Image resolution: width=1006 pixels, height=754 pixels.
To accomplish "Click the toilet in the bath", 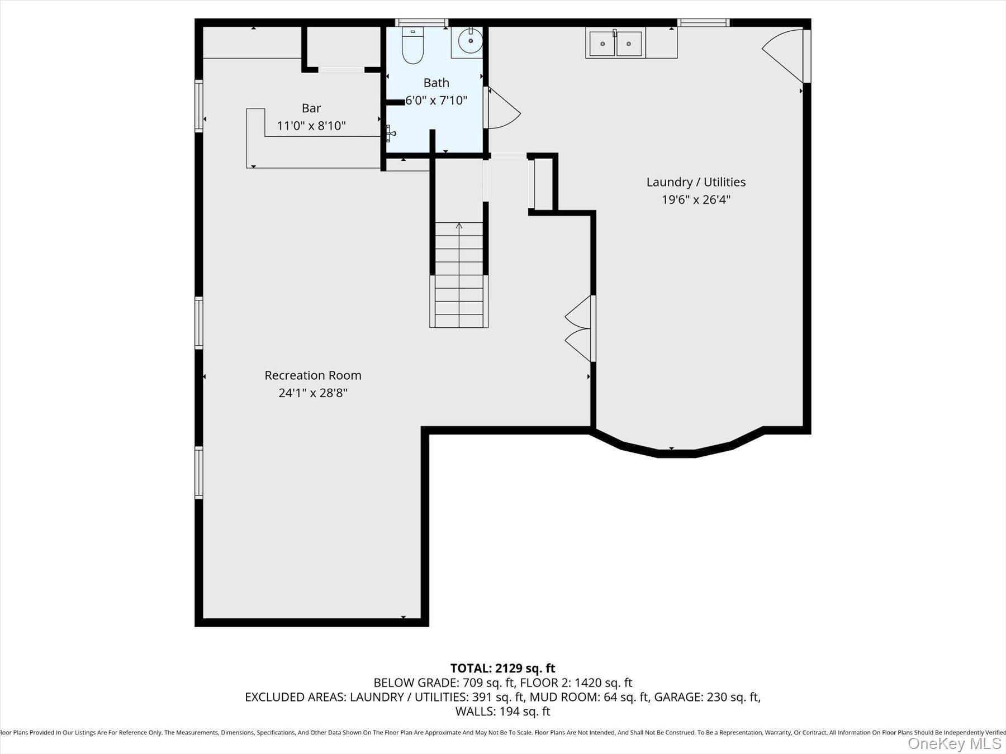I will (x=413, y=46).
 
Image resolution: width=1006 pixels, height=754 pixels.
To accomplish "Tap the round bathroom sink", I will (x=471, y=41).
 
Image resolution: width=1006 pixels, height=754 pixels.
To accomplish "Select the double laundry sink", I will (x=615, y=43).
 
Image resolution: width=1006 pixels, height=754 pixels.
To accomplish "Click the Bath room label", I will (x=436, y=83).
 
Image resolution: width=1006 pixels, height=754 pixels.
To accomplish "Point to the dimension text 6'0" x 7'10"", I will (x=436, y=101).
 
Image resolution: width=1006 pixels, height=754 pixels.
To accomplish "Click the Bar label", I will (x=311, y=108).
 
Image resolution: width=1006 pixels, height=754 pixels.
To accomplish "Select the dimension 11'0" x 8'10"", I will (x=311, y=126).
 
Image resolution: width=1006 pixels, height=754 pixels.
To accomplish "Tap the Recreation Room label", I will (x=313, y=375).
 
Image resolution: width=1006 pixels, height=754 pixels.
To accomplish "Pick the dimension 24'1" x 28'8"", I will (x=313, y=393).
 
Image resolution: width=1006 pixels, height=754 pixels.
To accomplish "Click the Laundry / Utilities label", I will (x=696, y=182).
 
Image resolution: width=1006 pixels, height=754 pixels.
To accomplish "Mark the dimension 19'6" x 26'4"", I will (x=696, y=199).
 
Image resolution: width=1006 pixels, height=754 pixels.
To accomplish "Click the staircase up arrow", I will (x=459, y=226).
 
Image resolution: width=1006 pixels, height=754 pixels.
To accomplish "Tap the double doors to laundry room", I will (x=580, y=328).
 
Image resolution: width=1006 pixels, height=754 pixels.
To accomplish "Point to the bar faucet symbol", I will (x=391, y=133).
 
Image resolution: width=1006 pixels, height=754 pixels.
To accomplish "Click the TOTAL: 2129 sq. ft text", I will (x=502, y=668).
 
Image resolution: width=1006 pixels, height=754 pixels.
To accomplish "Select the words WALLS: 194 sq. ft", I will (x=502, y=712).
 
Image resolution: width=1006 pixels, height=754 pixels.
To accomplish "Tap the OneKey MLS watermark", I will (x=954, y=743).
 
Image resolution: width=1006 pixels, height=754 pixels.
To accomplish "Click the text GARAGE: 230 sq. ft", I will (x=706, y=697).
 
